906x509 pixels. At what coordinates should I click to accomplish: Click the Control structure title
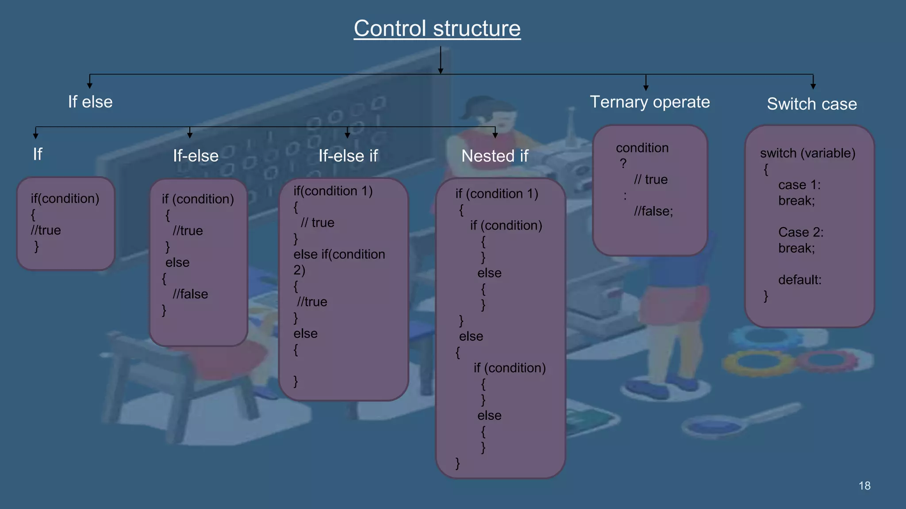pos(437,29)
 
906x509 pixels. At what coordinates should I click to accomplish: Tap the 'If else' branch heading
pos(90,102)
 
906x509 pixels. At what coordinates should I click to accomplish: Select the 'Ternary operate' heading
pos(649,102)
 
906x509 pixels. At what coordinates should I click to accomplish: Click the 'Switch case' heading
pos(812,104)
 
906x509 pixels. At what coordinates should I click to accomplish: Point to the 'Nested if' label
pos(495,156)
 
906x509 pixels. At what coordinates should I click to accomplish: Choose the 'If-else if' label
pos(348,156)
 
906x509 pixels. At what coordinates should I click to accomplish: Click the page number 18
pos(864,486)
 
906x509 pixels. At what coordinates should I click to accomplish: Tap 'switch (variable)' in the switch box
pos(807,153)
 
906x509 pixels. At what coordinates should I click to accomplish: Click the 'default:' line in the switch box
pos(799,280)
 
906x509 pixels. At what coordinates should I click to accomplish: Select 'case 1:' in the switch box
pos(799,185)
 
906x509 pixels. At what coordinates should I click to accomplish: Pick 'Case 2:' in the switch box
pos(801,232)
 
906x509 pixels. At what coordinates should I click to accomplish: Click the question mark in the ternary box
pos(623,163)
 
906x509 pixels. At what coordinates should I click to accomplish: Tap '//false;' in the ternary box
pos(653,211)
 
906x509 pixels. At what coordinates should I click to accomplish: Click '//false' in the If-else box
pos(190,294)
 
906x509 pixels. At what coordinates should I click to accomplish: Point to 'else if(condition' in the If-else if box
pos(339,254)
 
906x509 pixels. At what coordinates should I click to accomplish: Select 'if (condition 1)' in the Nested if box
pos(496,194)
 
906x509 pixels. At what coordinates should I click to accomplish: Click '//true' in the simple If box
pos(46,230)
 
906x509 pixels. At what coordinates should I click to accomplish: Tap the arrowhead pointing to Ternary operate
pos(646,87)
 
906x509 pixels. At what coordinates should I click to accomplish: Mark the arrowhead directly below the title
pos(441,70)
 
